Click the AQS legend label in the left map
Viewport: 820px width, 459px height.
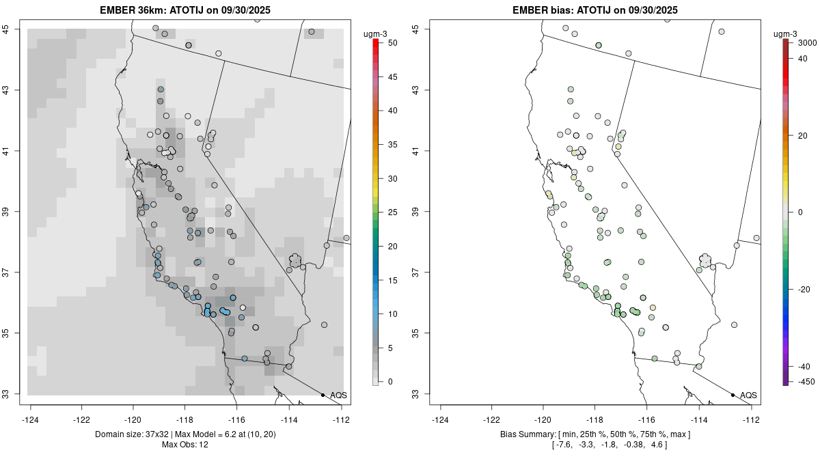(x=338, y=395)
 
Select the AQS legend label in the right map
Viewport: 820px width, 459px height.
(x=748, y=395)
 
